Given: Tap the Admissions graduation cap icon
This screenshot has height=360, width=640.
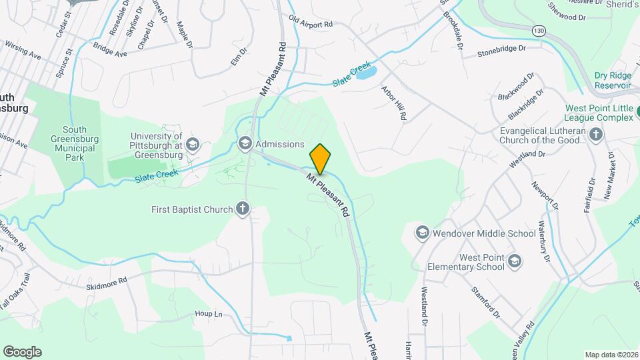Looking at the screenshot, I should coord(245,144).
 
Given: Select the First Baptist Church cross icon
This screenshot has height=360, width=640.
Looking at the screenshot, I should coord(242,209).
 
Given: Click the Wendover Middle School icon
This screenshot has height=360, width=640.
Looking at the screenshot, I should coord(421,233).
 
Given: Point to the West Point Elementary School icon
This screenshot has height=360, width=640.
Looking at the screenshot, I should coord(513,261).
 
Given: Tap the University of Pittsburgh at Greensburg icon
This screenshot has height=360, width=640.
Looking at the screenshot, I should coord(192,144).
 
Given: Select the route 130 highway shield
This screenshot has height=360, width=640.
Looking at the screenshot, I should coord(539,31).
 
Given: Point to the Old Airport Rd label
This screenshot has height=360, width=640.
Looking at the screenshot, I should coord(310,23).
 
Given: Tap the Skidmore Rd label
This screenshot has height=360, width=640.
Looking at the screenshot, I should coord(106,283).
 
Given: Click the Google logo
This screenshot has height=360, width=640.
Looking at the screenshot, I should coord(22,351).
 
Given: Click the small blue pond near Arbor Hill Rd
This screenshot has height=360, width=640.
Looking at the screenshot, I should coord(367,73).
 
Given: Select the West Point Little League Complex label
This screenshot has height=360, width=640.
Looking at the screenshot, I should coord(599,113).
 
